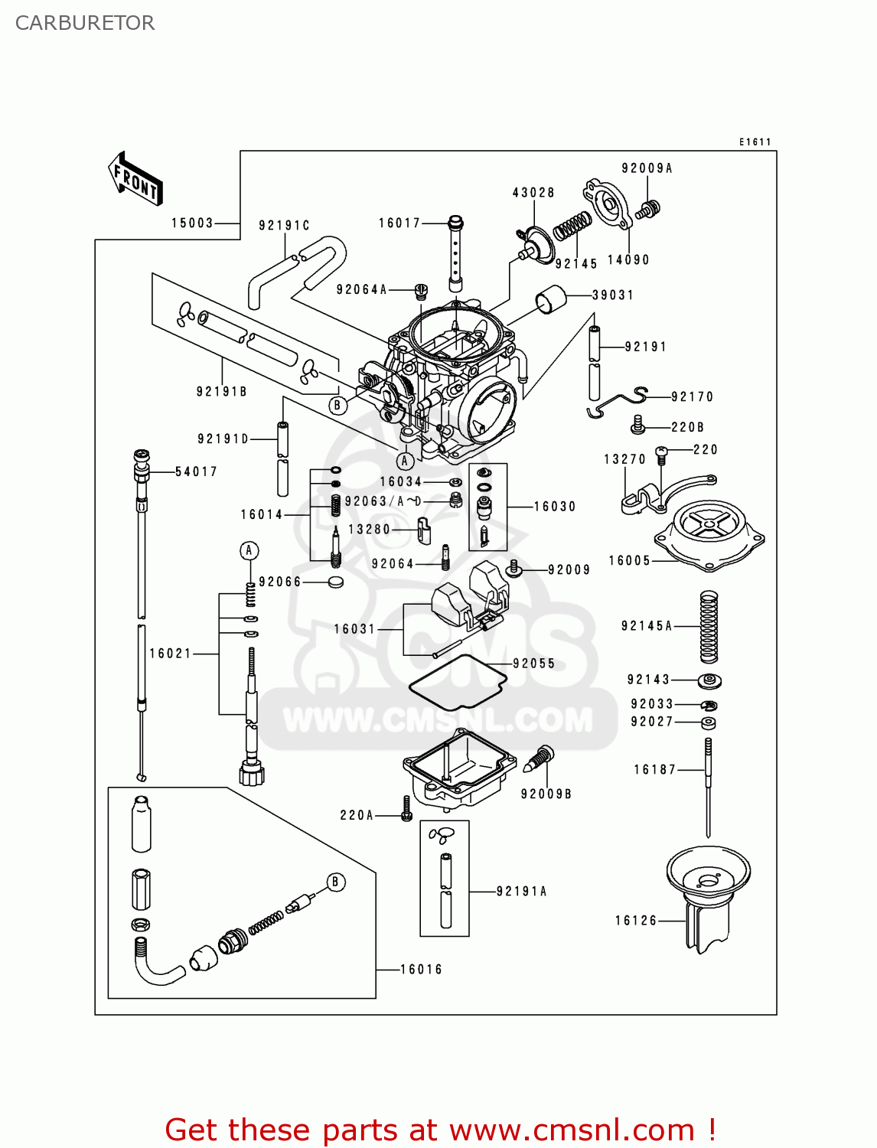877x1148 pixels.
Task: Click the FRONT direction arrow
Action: point(135,179)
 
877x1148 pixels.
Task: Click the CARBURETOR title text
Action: point(85,23)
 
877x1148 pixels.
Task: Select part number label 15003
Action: point(192,223)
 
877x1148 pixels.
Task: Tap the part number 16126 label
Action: point(636,921)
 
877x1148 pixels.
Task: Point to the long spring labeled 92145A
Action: point(709,627)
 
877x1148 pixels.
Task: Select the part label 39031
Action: point(612,295)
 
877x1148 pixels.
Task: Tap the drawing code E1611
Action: point(755,142)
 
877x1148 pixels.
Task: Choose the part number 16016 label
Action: point(421,969)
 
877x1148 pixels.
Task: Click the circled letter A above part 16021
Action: point(249,550)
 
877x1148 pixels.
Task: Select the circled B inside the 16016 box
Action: point(334,882)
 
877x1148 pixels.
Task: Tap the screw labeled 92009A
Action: point(650,208)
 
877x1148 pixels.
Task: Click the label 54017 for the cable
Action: point(196,471)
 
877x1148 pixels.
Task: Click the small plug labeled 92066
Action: point(335,582)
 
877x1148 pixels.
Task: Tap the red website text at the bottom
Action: point(440,1130)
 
